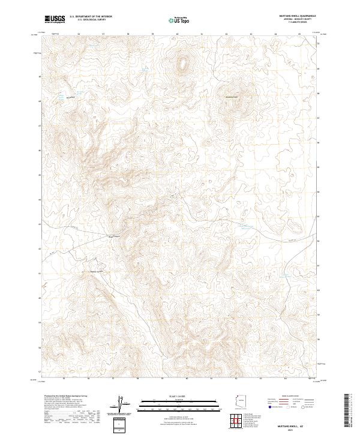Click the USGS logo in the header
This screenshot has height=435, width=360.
(x=55, y=19)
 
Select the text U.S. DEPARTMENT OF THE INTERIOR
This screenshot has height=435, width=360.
(x=95, y=17)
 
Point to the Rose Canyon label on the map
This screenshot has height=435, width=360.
(x=114, y=236)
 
